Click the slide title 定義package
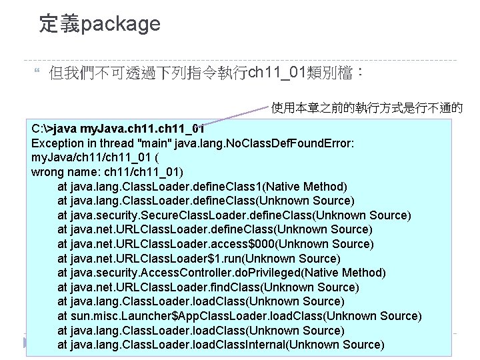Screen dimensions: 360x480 (99, 24)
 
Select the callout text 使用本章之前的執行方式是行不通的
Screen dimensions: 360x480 (367, 107)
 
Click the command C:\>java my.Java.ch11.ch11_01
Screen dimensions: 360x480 (117, 128)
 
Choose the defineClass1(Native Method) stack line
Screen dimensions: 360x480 (202, 186)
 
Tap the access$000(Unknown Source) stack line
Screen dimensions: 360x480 (215, 243)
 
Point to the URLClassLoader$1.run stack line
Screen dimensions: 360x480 (199, 258)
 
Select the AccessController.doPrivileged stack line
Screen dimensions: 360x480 (221, 273)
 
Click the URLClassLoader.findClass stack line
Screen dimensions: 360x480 (208, 287)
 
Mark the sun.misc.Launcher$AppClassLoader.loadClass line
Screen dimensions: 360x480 (239, 316)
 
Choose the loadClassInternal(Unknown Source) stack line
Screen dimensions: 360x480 (221, 345)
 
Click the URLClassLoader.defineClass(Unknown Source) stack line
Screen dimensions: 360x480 (215, 229)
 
